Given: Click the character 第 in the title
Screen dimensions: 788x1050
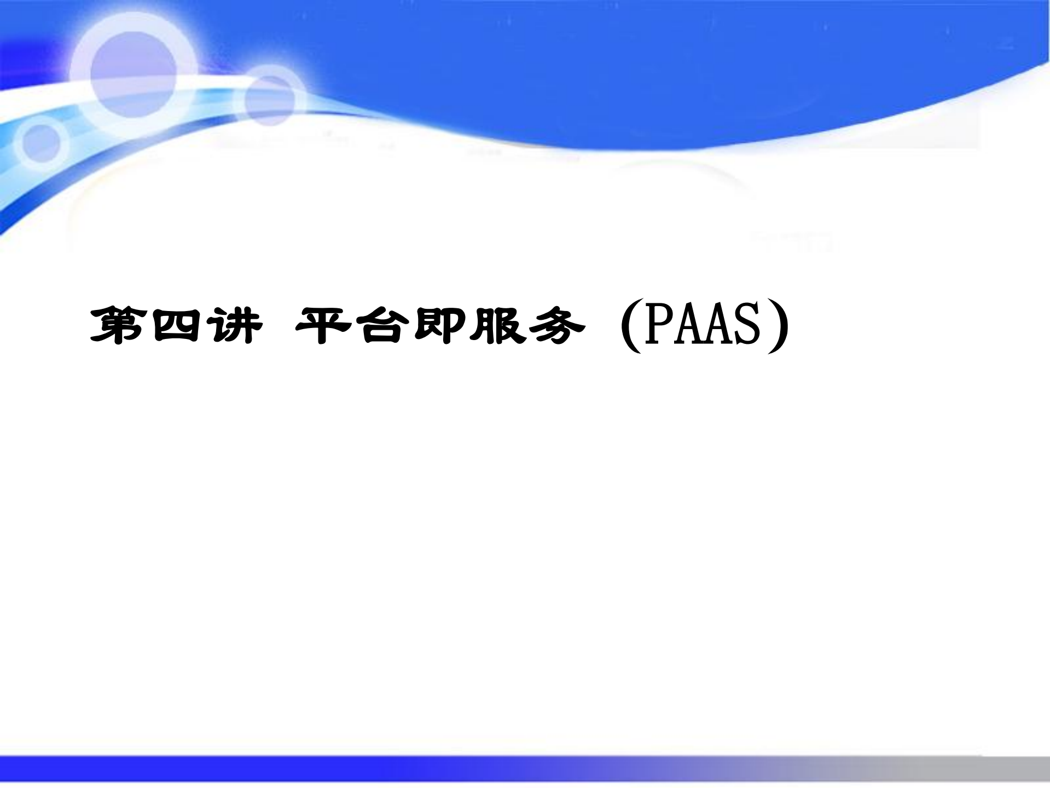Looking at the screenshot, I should tap(117, 326).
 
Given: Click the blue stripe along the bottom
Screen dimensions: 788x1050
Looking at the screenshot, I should tap(328, 768).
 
